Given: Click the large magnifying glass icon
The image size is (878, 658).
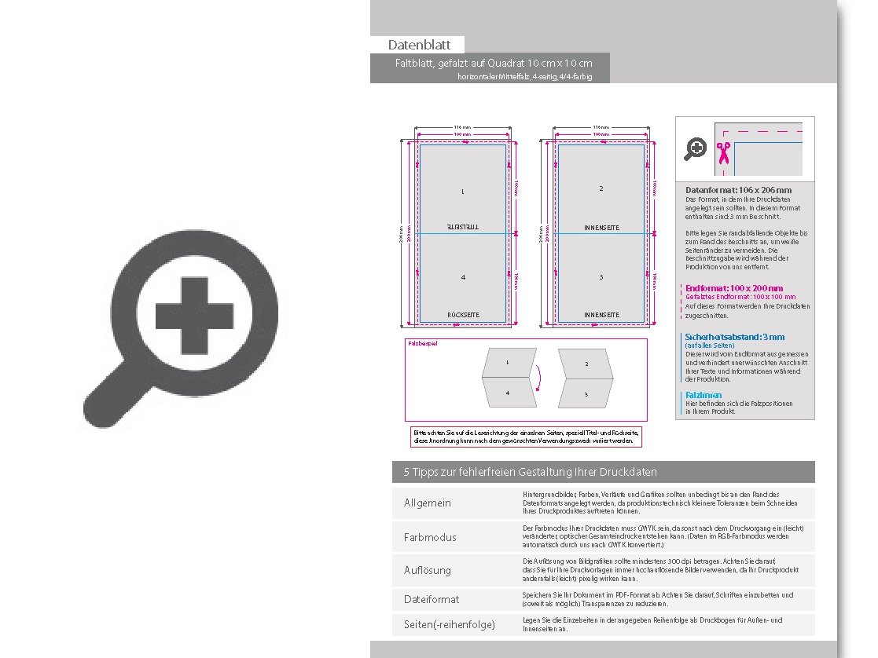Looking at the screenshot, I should point(178,329).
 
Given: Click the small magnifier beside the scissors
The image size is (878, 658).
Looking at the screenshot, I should point(696,148).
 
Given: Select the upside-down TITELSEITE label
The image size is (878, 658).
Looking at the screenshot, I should point(463,227).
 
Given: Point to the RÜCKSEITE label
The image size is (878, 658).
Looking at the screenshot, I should point(463,315).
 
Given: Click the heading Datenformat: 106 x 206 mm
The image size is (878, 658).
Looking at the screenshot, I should point(738,190).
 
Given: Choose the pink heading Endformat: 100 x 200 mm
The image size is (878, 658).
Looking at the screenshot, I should point(734,288).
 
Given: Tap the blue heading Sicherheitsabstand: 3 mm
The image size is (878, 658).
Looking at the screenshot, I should point(734,337).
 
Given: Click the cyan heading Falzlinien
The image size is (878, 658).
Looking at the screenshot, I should point(703,395).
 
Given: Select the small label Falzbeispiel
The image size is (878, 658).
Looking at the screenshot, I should point(422,344).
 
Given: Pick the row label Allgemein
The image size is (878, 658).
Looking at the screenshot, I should point(428,503).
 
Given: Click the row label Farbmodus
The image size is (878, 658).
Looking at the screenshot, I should point(430,537).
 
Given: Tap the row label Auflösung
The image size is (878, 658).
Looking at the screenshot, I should point(428,570).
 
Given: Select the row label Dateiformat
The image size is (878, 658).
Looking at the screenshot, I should point(432,599).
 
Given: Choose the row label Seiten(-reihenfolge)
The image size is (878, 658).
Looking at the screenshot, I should point(449,625).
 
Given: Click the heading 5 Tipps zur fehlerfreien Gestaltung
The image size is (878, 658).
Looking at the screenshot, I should point(530,472).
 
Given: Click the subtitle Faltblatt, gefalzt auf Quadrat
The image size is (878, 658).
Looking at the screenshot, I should point(493,63).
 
